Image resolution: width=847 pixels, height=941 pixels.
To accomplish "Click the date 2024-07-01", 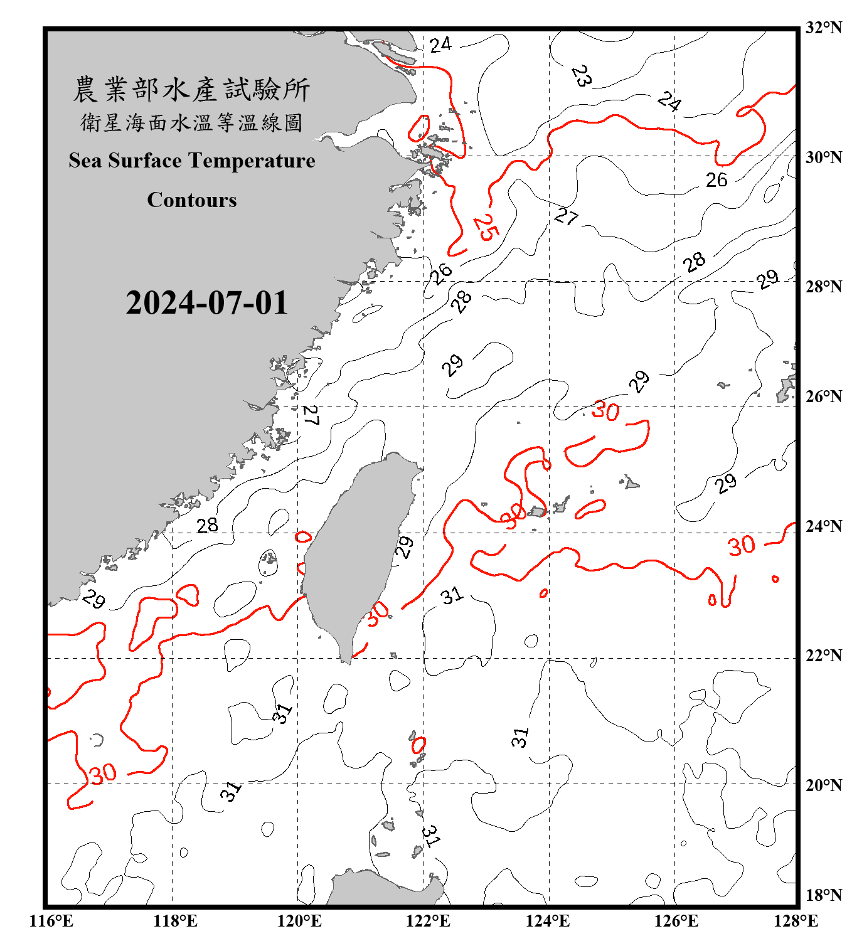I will [x=206, y=303].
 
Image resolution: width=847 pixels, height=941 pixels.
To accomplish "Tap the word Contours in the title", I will [x=192, y=200].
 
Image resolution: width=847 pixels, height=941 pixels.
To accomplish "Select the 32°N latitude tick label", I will [x=823, y=28].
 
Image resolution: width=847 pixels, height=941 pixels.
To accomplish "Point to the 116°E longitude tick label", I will [x=51, y=921].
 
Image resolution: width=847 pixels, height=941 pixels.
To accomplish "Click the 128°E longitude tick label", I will [x=796, y=921].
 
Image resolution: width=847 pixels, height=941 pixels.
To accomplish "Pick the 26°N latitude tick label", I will [x=823, y=396].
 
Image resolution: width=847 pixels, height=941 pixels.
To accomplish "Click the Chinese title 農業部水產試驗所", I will [x=192, y=89].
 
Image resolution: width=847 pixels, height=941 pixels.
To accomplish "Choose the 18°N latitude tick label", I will [x=823, y=895].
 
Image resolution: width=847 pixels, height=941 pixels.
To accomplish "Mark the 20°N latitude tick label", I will [x=823, y=785].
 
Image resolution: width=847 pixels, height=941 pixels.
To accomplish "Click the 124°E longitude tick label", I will [x=548, y=921].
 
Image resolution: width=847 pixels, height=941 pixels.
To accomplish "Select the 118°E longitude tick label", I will [x=175, y=921].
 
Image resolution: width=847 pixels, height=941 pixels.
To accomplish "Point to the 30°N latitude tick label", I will [x=823, y=157].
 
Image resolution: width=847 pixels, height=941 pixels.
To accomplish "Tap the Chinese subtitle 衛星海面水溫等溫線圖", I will [x=192, y=122].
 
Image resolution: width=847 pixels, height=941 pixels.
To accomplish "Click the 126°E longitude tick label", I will [x=676, y=921].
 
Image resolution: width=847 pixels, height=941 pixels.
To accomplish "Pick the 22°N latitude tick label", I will [x=823, y=656].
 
